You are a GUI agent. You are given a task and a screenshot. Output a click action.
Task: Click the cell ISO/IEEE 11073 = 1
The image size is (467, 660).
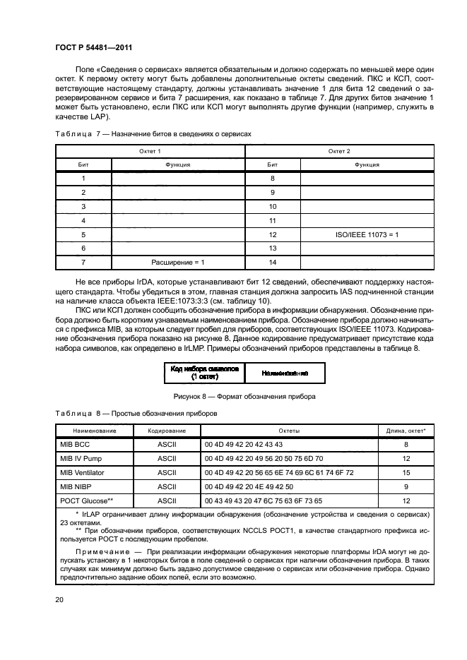coord(367,234)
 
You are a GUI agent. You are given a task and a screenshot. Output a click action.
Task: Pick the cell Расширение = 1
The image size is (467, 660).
coord(178,262)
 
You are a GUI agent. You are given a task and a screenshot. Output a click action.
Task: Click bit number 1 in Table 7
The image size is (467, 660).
coord(83,179)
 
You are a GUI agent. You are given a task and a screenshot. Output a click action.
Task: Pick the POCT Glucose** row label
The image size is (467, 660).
coord(88,500)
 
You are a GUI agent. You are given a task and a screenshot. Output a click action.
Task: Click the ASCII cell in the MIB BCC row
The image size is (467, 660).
coord(167,445)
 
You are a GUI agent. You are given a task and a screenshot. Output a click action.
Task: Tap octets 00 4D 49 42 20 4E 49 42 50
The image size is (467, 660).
coord(244,486)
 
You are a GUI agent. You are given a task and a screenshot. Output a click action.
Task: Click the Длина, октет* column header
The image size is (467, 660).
coord(406,430)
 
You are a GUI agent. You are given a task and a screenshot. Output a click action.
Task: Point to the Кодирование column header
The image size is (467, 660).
coord(167,430)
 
